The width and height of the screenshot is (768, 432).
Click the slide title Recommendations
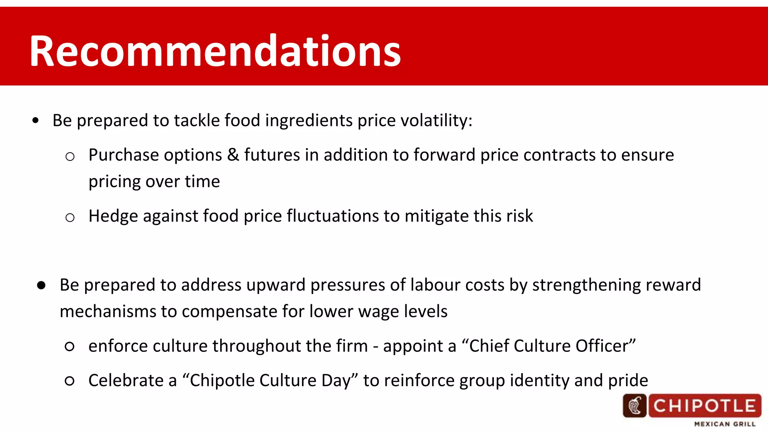pyautogui.click(x=215, y=51)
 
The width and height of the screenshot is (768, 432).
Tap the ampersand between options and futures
pyautogui.click(x=233, y=155)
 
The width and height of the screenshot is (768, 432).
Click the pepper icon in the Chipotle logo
pyautogui.click(x=634, y=406)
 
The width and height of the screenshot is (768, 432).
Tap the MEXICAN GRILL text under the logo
pyautogui.click(x=724, y=424)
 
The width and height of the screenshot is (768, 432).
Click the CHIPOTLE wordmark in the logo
pyautogui.click(x=704, y=406)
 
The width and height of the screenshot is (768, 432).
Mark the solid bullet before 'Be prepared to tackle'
pyautogui.click(x=36, y=121)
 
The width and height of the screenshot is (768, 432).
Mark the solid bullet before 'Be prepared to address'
pyautogui.click(x=41, y=285)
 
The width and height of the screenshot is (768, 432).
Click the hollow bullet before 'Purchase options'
pyautogui.click(x=70, y=156)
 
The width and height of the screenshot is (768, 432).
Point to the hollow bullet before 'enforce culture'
pyautogui.click(x=69, y=346)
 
